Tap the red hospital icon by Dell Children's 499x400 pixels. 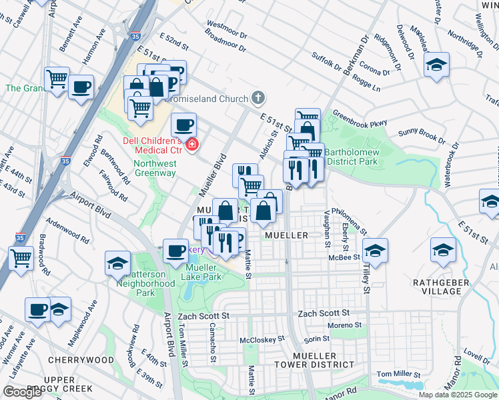pyautogui.click(x=192, y=144)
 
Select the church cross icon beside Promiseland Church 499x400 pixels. pyautogui.click(x=258, y=99)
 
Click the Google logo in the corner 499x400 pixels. pyautogui.click(x=23, y=391)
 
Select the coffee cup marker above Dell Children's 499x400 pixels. pyautogui.click(x=184, y=124)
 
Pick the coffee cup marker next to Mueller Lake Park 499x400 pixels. pyautogui.click(x=175, y=250)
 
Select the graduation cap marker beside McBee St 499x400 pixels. pyautogui.click(x=375, y=251)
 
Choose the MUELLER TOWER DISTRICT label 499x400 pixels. pyautogui.click(x=314, y=360)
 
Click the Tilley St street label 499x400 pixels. pyautogui.click(x=366, y=276)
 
